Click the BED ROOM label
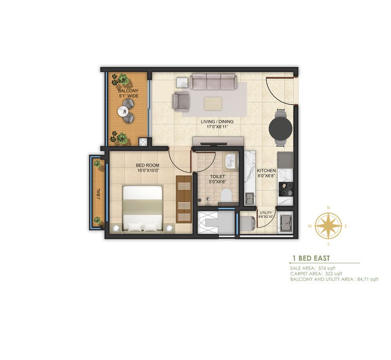pos(147,165)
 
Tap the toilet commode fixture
pos(226,195)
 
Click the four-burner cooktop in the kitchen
pos(286,189)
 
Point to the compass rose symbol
pos(329,226)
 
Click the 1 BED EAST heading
pos(311,258)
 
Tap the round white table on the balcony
pos(123,111)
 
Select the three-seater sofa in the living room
pos(213,81)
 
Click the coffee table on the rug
pos(213,103)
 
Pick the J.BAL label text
pos(98,194)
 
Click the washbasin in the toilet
pos(230,161)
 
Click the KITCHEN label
pos(267,171)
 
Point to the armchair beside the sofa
pos(181,101)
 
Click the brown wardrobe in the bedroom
pos(184,199)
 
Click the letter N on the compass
pos(329,208)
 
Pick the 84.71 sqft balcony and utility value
pos(367,279)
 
